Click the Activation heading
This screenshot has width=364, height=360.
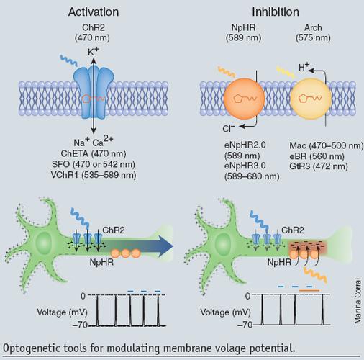(x=94, y=12)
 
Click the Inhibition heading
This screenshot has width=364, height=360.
(x=276, y=12)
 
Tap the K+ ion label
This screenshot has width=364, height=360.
(x=94, y=51)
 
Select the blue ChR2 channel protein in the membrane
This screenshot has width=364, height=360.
(x=94, y=93)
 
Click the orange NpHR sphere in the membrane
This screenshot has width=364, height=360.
(x=244, y=99)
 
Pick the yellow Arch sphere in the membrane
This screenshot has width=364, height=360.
(x=311, y=99)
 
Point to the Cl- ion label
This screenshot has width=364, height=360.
(x=229, y=129)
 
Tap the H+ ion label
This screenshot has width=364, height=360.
(x=304, y=67)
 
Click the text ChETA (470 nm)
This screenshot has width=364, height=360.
(x=94, y=153)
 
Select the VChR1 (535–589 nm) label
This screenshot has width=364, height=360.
(x=94, y=175)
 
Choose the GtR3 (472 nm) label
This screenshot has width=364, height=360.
(x=319, y=166)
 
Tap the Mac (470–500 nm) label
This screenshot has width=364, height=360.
(x=327, y=145)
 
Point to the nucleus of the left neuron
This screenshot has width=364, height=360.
(x=44, y=243)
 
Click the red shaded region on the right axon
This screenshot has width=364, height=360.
(x=307, y=248)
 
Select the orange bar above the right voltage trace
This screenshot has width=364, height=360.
(x=309, y=291)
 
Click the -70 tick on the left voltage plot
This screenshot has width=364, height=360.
(x=80, y=325)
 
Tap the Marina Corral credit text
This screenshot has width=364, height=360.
(x=358, y=301)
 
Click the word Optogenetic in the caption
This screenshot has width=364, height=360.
(x=32, y=348)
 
